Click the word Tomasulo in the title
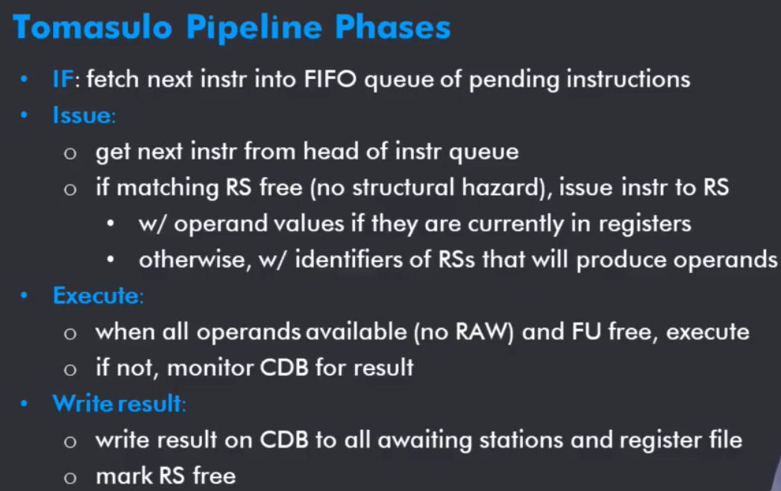click(x=92, y=27)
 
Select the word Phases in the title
click(x=392, y=27)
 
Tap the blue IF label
click(x=63, y=79)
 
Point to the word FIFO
click(x=330, y=79)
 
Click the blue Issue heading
click(x=82, y=116)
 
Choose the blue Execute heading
click(x=96, y=295)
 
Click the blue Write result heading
click(x=118, y=404)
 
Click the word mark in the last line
click(x=124, y=476)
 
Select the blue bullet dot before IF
click(x=24, y=79)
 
